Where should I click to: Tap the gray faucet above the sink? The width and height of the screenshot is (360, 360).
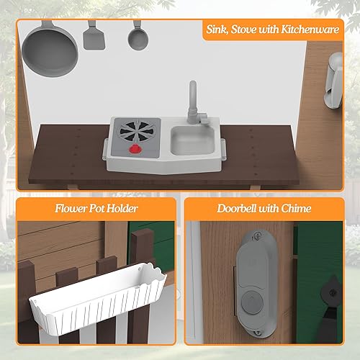(x=193, y=101)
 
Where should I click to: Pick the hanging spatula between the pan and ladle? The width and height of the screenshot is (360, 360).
(x=93, y=35)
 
